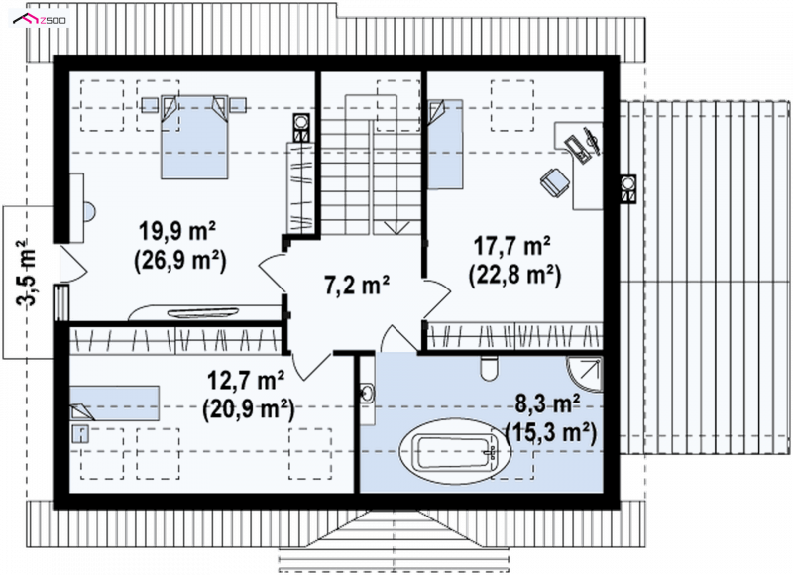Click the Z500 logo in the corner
[x=41, y=20]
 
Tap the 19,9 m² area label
[x=177, y=234]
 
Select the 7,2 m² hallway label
[x=356, y=285]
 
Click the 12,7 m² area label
[x=246, y=382]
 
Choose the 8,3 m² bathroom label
[x=547, y=404]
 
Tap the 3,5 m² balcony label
[x=27, y=274]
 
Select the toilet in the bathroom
[x=489, y=369]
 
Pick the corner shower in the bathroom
[x=585, y=374]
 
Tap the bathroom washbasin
[x=368, y=393]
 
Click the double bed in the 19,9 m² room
[x=193, y=137]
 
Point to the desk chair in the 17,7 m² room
[x=555, y=181]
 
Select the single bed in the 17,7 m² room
[x=445, y=144]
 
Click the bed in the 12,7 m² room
[x=114, y=403]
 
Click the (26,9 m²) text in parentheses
[x=180, y=261]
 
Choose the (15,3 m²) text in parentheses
[x=551, y=433]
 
